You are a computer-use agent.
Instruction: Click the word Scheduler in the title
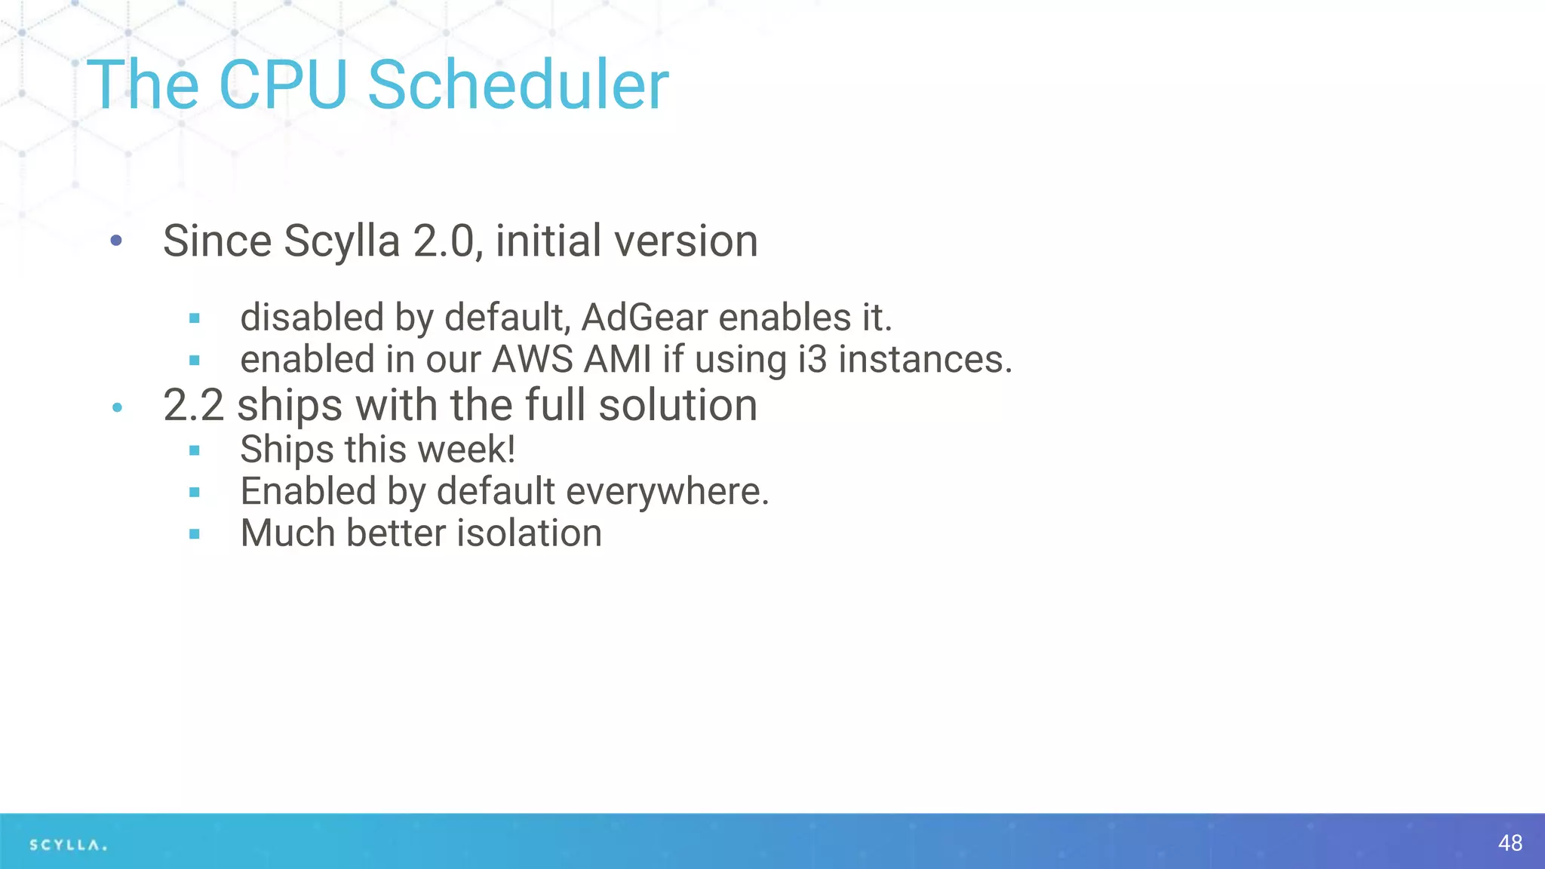518,84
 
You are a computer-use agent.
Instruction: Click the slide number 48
1510,843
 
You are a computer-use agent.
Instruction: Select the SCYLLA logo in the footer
68,845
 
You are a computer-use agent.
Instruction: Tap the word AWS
532,359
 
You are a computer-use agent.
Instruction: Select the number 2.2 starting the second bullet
193,405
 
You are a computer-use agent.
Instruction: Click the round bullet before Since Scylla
116,241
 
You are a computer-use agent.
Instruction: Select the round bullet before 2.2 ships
117,408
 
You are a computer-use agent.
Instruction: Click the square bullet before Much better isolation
195,534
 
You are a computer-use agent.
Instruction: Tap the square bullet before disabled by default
195,318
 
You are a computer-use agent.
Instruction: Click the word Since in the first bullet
217,241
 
